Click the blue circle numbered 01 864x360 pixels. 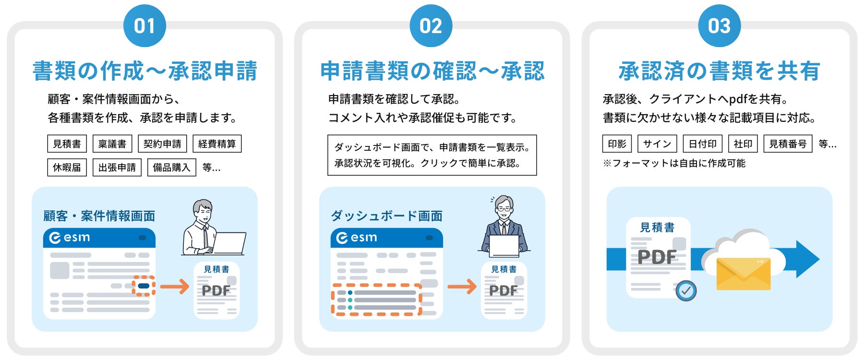coord(144,25)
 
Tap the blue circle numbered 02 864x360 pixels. coord(431,25)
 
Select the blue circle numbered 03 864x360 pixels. coord(719,25)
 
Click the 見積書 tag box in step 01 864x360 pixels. coord(67,144)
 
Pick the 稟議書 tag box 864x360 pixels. coord(112,144)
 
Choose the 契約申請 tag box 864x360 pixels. coord(162,144)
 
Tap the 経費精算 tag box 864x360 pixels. coord(217,144)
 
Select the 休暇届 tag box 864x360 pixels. coord(67,168)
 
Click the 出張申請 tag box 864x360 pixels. coord(117,168)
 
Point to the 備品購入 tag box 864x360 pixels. coord(172,168)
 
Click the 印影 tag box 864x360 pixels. coord(617,144)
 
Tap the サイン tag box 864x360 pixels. coord(657,144)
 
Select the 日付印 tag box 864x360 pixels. coord(703,144)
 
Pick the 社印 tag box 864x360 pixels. coord(743,144)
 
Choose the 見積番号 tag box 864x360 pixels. coord(788,144)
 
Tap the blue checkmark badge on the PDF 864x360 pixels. coord(686,291)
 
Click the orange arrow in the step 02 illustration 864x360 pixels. coord(462,287)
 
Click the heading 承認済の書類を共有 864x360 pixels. coord(719,71)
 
